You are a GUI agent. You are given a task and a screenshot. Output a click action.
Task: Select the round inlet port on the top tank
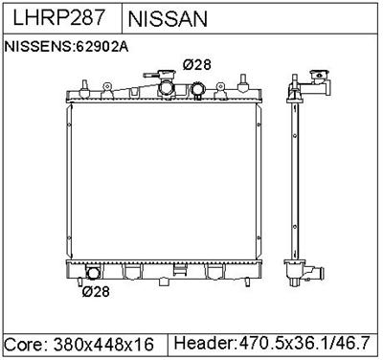(x=198, y=92)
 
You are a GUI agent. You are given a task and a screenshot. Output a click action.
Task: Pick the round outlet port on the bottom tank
(x=92, y=272)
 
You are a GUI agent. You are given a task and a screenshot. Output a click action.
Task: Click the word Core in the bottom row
(x=25, y=343)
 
